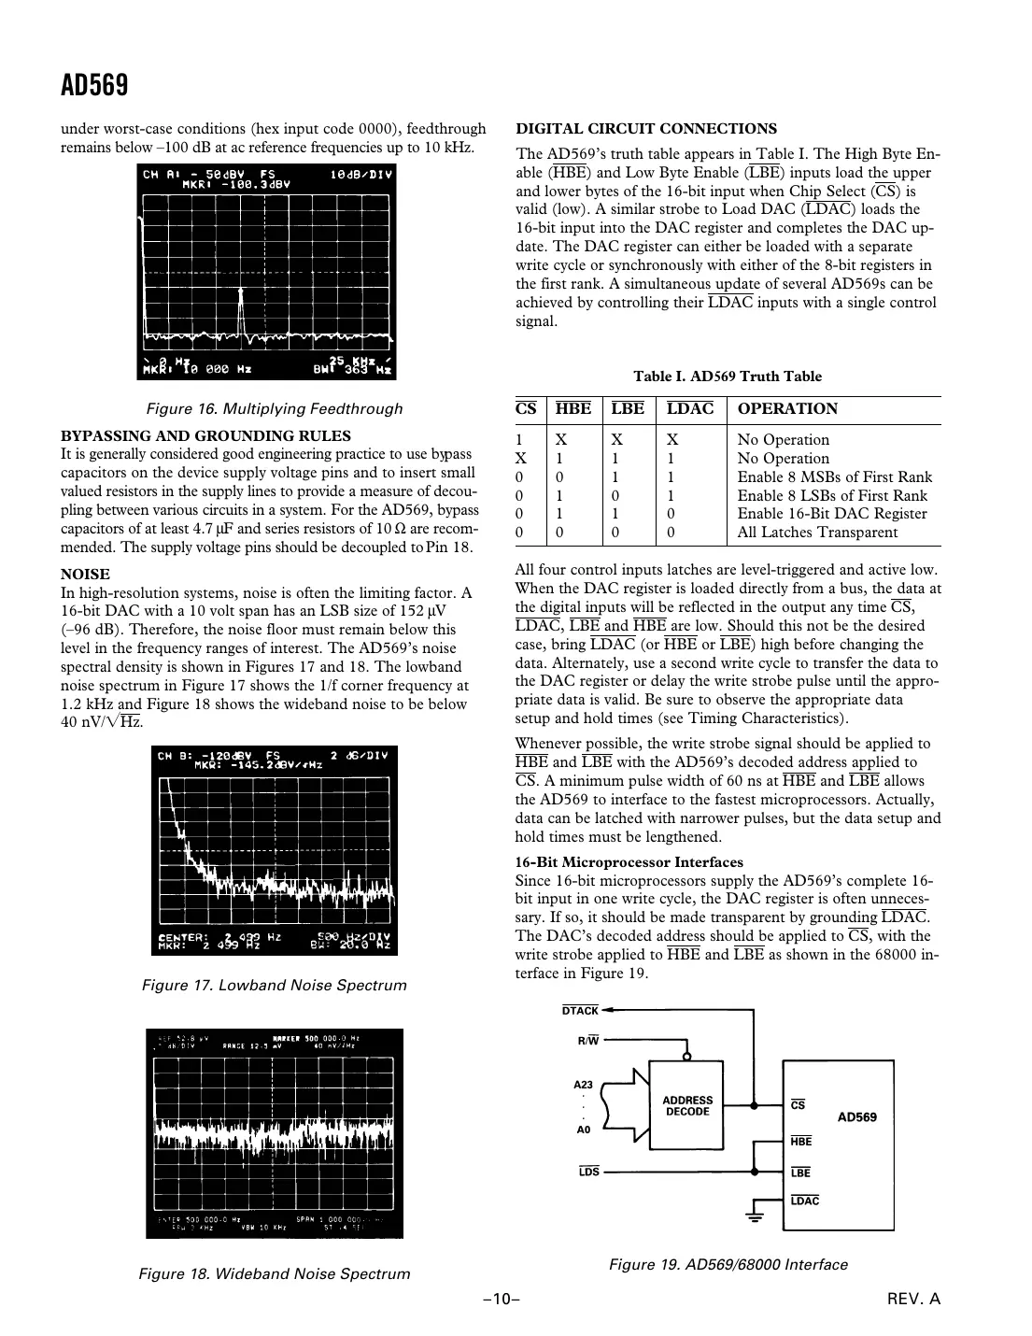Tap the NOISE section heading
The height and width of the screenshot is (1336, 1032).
[x=85, y=574]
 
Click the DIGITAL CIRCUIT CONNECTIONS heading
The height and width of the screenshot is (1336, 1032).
[x=646, y=129]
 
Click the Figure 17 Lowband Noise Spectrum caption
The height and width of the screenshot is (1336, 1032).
[x=275, y=985]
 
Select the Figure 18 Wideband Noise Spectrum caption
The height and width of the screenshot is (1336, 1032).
[x=275, y=1273]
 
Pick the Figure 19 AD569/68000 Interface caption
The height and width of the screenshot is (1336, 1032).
[x=728, y=1264]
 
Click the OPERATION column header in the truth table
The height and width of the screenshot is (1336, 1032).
[x=787, y=408]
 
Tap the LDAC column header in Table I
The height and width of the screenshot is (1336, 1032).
[x=690, y=408]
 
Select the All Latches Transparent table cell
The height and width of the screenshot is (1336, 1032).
[x=817, y=533]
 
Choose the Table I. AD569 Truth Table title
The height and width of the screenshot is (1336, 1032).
[x=728, y=377]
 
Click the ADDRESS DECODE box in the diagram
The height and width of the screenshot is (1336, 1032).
[x=687, y=1106]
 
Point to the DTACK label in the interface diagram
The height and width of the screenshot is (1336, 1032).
[x=580, y=1011]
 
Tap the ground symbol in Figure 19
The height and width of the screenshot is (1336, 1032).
[x=755, y=1215]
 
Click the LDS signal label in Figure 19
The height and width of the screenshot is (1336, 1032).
[x=588, y=1172]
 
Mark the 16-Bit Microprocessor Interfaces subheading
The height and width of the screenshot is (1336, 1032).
[x=629, y=862]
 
